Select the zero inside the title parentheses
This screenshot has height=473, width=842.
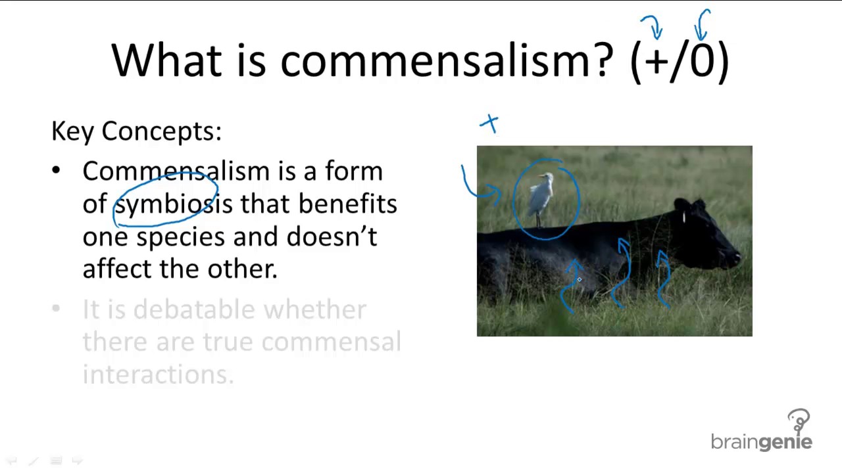[702, 59]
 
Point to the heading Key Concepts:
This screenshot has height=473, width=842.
[136, 131]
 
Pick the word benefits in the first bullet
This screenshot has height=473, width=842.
[348, 204]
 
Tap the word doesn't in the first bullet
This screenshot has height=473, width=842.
[332, 236]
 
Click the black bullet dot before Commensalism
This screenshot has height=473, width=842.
[56, 170]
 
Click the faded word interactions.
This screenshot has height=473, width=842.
[159, 374]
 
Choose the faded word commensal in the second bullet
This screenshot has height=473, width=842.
[331, 342]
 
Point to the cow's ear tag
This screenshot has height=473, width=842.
[683, 217]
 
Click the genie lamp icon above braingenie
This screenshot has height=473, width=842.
[799, 421]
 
